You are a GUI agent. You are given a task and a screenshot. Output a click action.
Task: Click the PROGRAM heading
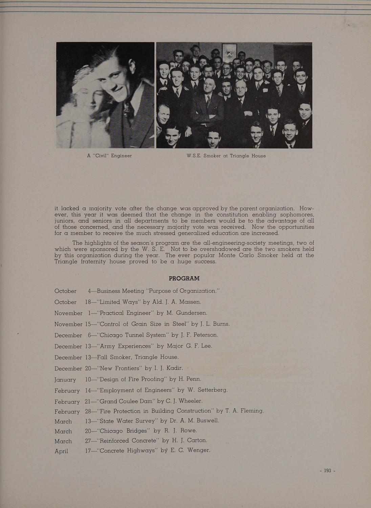point(184,278)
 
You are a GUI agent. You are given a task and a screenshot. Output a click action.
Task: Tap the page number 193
point(327,470)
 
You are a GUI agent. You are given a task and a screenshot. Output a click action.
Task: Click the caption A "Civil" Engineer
point(109,156)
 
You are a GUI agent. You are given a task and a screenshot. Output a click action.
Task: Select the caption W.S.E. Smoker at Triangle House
point(226,156)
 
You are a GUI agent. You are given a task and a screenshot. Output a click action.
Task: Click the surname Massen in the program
point(190,302)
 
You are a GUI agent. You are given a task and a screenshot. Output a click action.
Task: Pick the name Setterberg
point(212,390)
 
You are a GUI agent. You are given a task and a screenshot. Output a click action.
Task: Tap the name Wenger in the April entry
point(199,450)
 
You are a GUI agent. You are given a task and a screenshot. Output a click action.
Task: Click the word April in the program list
point(61,451)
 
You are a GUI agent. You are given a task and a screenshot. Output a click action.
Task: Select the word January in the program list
point(65,380)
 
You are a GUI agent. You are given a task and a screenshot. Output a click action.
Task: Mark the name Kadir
point(174,368)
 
